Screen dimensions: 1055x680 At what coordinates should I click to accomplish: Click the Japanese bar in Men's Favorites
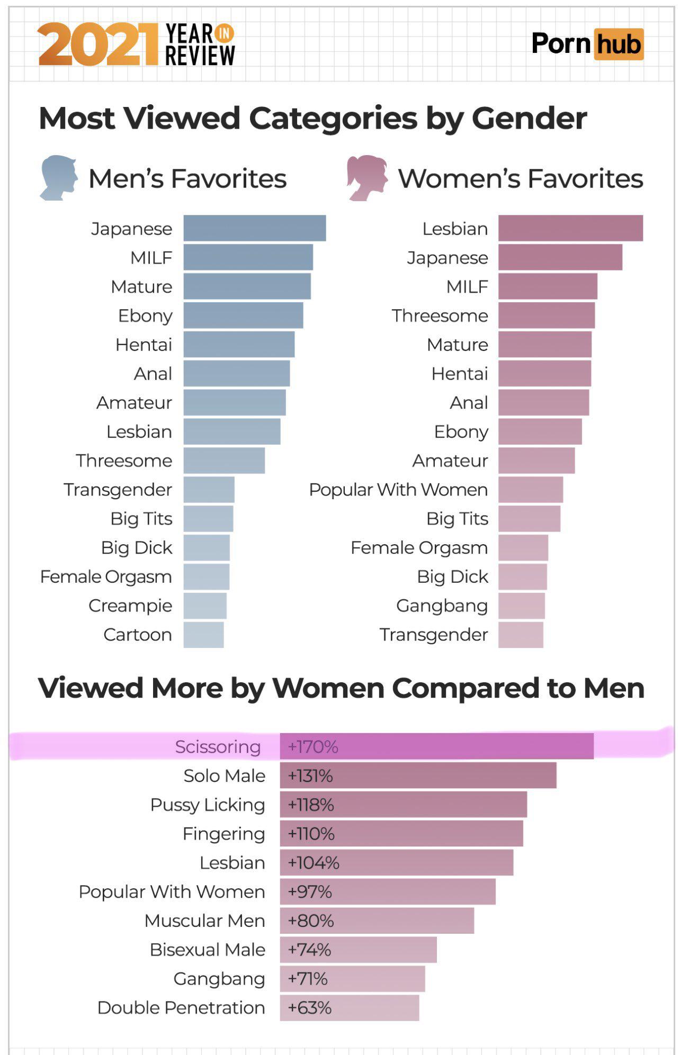pyautogui.click(x=254, y=228)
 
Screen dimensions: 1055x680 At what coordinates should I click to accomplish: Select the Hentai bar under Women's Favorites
pyautogui.click(x=544, y=373)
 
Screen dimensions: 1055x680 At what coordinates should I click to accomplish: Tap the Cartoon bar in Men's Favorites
pyautogui.click(x=203, y=634)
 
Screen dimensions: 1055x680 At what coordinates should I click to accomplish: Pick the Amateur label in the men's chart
pyautogui.click(x=134, y=402)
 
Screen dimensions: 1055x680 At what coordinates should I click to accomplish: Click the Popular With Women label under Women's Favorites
pyautogui.click(x=398, y=490)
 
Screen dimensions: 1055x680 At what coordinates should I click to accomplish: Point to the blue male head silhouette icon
pyautogui.click(x=58, y=177)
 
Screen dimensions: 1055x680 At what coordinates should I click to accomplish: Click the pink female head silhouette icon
pyautogui.click(x=366, y=177)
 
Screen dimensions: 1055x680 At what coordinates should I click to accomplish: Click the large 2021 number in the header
pyautogui.click(x=98, y=45)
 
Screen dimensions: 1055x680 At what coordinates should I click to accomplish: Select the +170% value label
pyautogui.click(x=312, y=746)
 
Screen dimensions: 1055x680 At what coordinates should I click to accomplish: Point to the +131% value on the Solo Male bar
pyautogui.click(x=310, y=776)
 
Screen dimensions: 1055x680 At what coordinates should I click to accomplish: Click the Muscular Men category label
pyautogui.click(x=204, y=921)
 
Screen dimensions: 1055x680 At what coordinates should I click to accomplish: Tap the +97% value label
pyautogui.click(x=309, y=891)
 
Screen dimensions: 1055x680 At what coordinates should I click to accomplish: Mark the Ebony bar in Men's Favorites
pyautogui.click(x=243, y=315)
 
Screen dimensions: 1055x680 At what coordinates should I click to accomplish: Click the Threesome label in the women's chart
pyautogui.click(x=440, y=315)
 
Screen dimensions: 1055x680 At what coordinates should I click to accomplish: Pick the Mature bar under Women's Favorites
pyautogui.click(x=544, y=344)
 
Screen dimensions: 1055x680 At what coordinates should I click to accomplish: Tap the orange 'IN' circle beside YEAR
pyautogui.click(x=225, y=33)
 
